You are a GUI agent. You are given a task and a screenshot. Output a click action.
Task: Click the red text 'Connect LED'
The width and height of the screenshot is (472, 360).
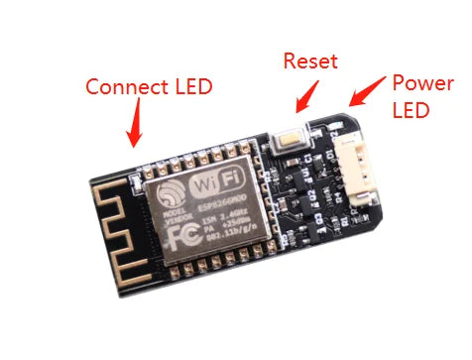tap(149, 86)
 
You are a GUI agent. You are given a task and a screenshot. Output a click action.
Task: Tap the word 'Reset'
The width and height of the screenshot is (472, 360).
tap(310, 60)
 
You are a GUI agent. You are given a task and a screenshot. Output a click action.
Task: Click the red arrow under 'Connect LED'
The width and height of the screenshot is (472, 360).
tap(135, 125)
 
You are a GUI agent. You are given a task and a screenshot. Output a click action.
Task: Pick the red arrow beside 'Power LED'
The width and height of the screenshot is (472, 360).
tap(365, 91)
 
